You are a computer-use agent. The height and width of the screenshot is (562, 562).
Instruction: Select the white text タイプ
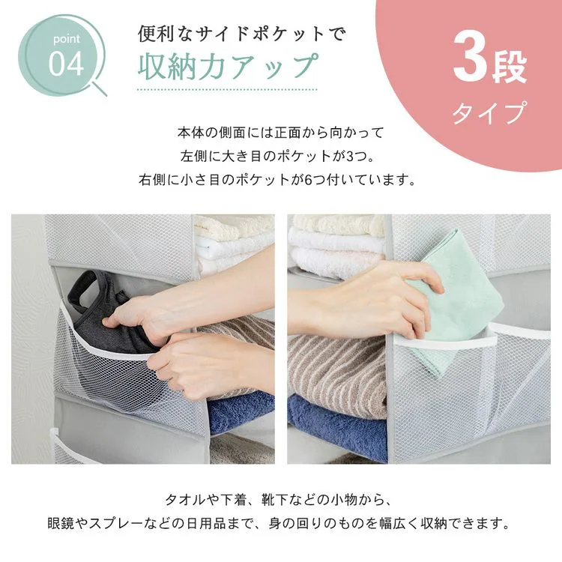click(488, 115)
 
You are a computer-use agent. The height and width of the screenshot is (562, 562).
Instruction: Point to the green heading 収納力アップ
click(228, 66)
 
